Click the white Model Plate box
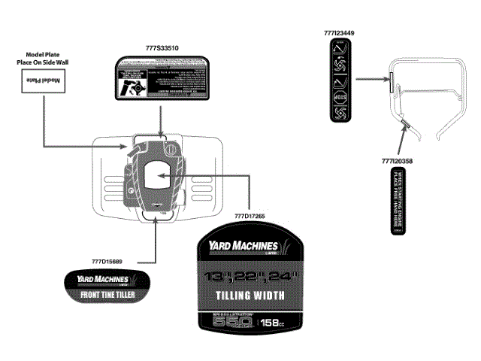[x=44, y=80]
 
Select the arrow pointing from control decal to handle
[x=371, y=77]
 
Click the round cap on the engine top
[x=171, y=147]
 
